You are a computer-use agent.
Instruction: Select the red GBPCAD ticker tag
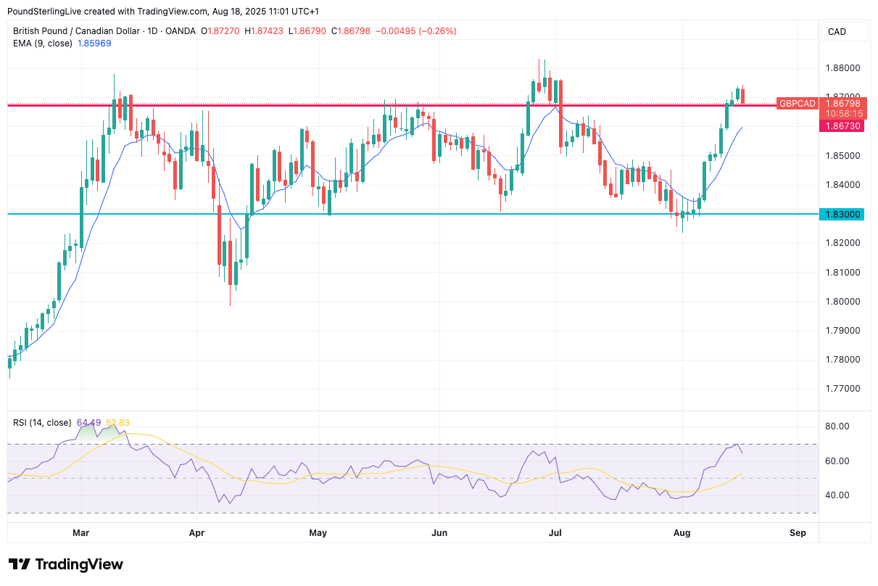[797, 104]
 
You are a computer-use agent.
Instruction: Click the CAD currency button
[837, 31]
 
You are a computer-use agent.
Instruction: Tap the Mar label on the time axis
[81, 533]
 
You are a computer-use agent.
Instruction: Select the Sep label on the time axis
[798, 533]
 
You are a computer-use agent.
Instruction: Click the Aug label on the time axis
[682, 533]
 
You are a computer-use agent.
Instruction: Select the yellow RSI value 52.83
[117, 423]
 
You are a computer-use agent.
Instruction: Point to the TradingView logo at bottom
[66, 564]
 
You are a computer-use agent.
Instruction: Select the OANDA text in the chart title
[180, 31]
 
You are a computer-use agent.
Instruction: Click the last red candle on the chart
[742, 95]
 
